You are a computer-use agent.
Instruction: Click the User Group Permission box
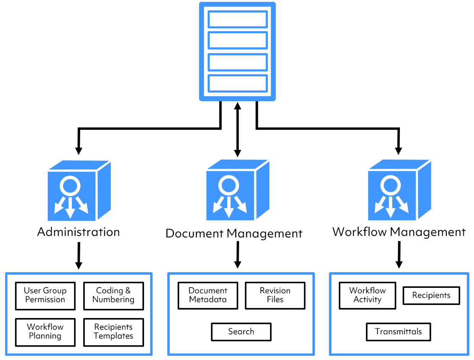tap(45, 295)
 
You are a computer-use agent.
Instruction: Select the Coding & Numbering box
tap(113, 295)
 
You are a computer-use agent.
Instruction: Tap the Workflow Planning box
tap(45, 332)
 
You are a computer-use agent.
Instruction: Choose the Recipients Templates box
tap(113, 332)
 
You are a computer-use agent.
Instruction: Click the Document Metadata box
tap(208, 295)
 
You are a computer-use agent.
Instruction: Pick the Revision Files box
tap(275, 295)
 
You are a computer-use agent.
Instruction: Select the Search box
tap(241, 331)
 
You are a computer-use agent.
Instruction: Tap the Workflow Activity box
tap(367, 295)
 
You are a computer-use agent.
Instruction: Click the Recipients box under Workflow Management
tap(431, 295)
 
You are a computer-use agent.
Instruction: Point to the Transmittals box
tap(398, 331)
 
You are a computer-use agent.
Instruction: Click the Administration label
tap(78, 232)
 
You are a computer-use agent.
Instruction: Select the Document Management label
tap(234, 233)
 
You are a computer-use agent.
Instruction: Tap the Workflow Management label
tap(399, 232)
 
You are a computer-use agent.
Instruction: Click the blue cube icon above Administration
tap(79, 191)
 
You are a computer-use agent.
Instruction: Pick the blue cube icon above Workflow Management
tap(399, 190)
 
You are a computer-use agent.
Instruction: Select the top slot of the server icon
tap(237, 19)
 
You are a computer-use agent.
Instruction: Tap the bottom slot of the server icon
tap(237, 83)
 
